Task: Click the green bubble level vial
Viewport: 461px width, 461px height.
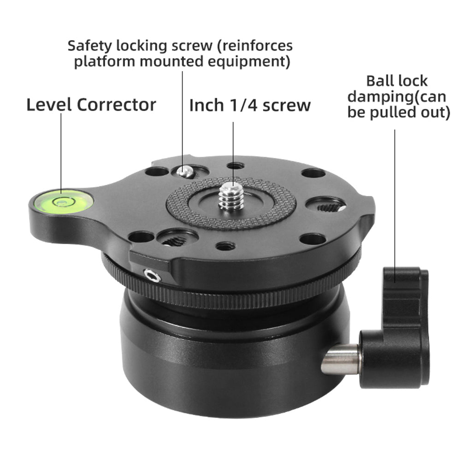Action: tap(61, 201)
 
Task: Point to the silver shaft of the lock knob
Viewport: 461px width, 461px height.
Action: tap(341, 359)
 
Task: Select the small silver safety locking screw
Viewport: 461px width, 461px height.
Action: tap(184, 172)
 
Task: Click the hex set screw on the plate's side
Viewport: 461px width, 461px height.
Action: tap(152, 276)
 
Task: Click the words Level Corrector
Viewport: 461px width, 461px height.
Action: tap(91, 105)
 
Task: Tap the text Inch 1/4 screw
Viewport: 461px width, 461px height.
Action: tap(250, 106)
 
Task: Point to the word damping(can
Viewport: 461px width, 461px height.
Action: tap(398, 97)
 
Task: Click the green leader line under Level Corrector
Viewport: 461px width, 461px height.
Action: tap(61, 152)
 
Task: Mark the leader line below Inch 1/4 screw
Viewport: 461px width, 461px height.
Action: tap(233, 152)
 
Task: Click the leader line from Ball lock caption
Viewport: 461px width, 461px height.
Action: tap(395, 198)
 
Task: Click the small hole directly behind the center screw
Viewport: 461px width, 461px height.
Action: tap(236, 165)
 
